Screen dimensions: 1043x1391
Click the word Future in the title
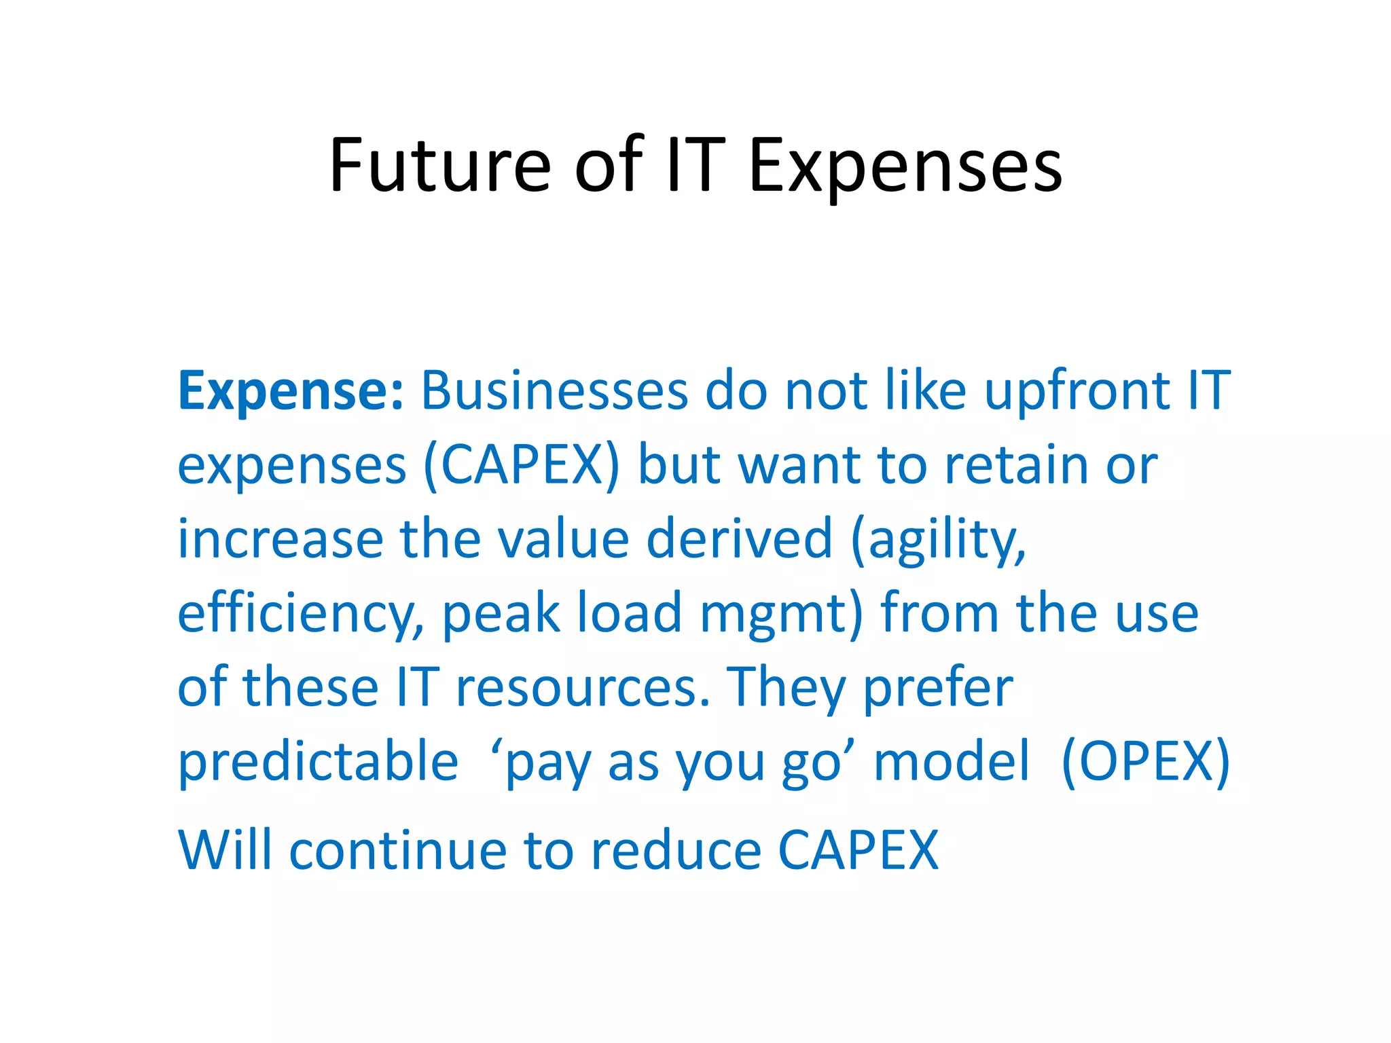tap(439, 165)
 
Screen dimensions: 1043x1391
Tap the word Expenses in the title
tap(905, 167)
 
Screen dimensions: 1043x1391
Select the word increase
tap(281, 539)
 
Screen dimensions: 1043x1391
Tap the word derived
tap(739, 539)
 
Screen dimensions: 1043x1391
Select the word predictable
tap(318, 762)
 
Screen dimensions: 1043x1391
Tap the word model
tap(952, 762)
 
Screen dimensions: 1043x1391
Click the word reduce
tap(676, 850)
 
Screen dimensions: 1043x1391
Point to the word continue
tap(398, 850)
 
